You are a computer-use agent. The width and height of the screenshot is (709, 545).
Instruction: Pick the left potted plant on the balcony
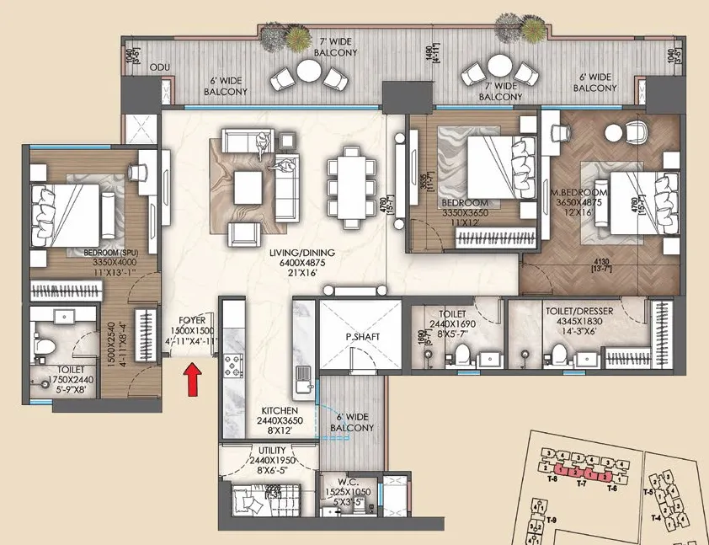click(273, 35)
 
